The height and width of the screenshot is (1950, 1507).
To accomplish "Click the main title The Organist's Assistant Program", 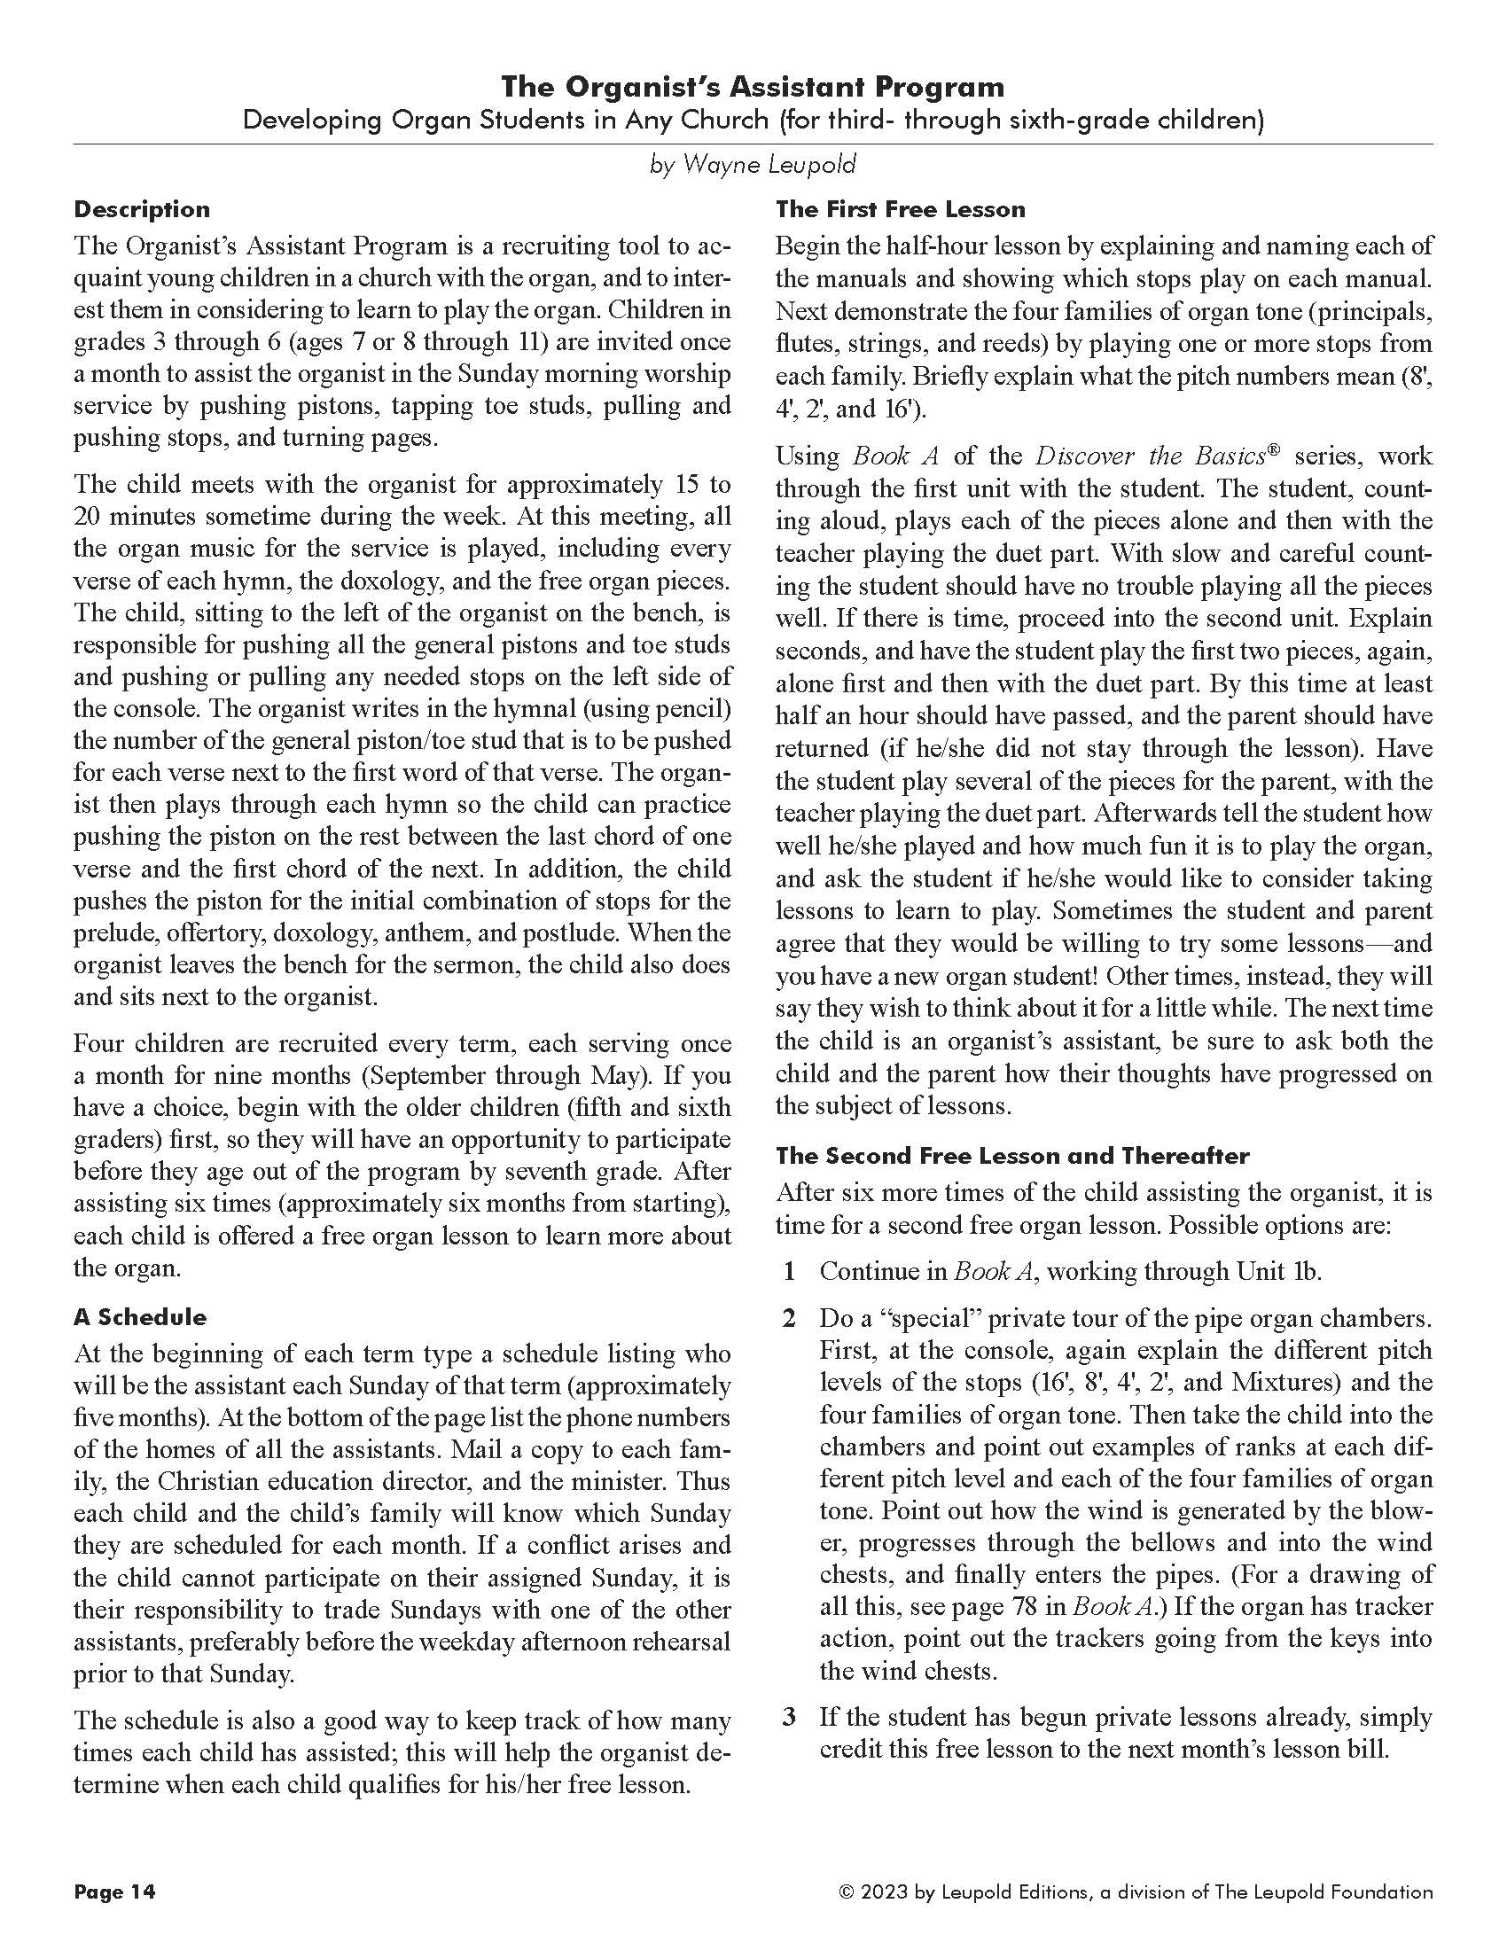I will coord(752,87).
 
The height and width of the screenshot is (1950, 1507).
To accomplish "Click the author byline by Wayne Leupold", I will coord(753,164).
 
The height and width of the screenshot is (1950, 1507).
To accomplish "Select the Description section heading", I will coord(142,210).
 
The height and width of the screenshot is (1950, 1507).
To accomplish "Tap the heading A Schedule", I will coord(140,1317).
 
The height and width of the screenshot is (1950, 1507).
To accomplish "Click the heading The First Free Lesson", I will coord(900,210).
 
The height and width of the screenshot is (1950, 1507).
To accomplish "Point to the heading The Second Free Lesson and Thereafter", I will coord(1011,1155).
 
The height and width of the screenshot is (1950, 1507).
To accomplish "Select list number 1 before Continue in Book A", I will coord(788,1270).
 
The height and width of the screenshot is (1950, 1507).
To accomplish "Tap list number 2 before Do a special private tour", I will coord(788,1319).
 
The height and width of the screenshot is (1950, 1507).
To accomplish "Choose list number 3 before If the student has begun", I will coord(788,1717).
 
